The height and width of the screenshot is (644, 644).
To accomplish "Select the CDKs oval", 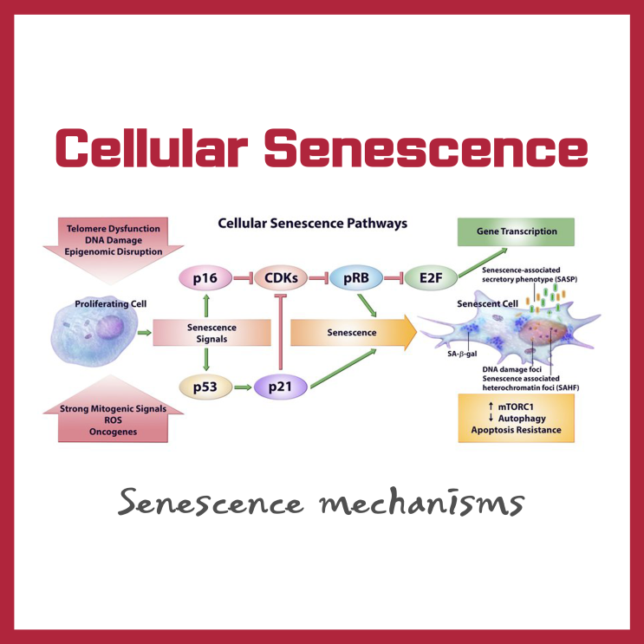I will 283,278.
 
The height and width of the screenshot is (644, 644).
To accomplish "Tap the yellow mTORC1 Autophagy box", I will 516,417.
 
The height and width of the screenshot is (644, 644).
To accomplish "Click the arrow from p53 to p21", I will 238,387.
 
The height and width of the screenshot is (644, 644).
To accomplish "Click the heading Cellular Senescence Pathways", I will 311,223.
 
